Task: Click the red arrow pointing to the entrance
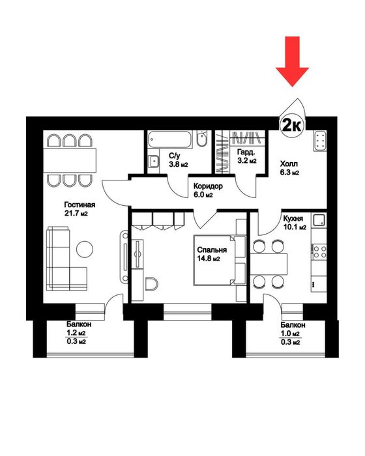[x=292, y=61]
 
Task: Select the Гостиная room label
[x=80, y=205]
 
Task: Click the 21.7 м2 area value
[x=76, y=214]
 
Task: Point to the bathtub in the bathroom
[x=169, y=139]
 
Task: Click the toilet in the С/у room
[x=201, y=139]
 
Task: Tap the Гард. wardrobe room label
[x=246, y=152]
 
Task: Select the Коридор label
[x=208, y=186]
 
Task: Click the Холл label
[x=289, y=164]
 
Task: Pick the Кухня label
[x=293, y=218]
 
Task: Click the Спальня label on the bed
[x=212, y=249]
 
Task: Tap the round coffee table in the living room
[x=85, y=249]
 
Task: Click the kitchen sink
[x=319, y=221]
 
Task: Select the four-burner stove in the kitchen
[x=319, y=251]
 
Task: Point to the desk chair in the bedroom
[x=151, y=283]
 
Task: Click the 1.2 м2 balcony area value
[x=76, y=333]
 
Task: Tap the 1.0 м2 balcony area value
[x=290, y=334]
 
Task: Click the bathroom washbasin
[x=153, y=161]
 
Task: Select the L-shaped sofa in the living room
[x=66, y=259]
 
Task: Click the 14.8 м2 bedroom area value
[x=209, y=259]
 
